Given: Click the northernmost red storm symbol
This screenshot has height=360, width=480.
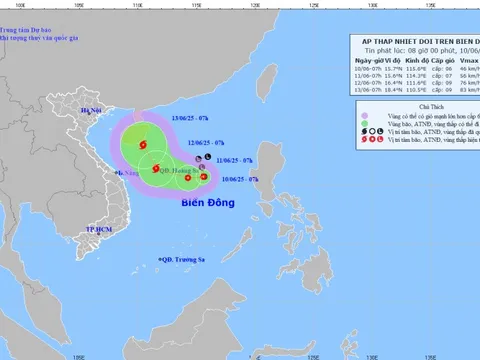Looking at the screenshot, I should pyautogui.click(x=141, y=147).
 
